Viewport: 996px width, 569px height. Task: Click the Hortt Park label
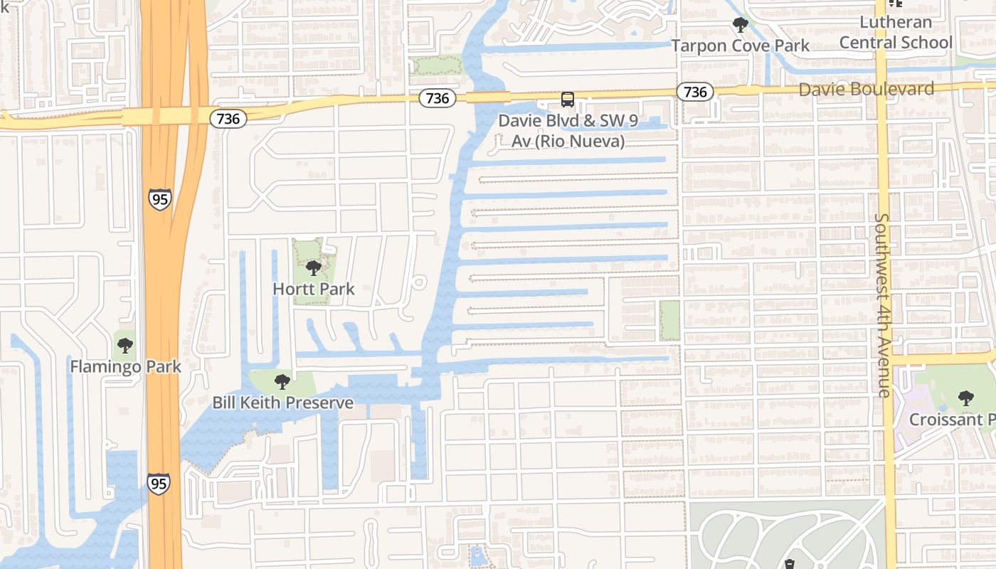(314, 289)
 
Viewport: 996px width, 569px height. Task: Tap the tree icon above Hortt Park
(313, 269)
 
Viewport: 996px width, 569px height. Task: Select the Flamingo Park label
(125, 367)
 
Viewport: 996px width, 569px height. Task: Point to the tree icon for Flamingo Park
(125, 346)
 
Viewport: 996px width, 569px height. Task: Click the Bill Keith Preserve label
(282, 403)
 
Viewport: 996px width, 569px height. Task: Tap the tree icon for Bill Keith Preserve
(282, 382)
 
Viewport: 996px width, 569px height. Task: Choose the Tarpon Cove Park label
(741, 46)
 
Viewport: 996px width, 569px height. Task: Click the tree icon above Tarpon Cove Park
(741, 26)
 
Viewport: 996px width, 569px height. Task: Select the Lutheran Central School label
(895, 32)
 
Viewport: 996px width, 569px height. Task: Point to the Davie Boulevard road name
(866, 89)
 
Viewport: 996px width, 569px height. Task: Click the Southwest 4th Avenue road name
(884, 304)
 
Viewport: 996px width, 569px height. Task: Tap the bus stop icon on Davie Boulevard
(567, 100)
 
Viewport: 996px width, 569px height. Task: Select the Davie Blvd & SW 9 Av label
(568, 131)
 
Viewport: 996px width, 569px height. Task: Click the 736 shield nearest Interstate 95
(228, 119)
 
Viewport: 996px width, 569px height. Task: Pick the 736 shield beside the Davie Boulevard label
(694, 92)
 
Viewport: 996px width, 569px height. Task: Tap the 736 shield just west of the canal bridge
(437, 98)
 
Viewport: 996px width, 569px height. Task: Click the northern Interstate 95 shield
(160, 199)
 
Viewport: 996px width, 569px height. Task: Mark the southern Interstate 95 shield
(159, 484)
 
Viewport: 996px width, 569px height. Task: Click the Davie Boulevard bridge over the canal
(488, 97)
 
